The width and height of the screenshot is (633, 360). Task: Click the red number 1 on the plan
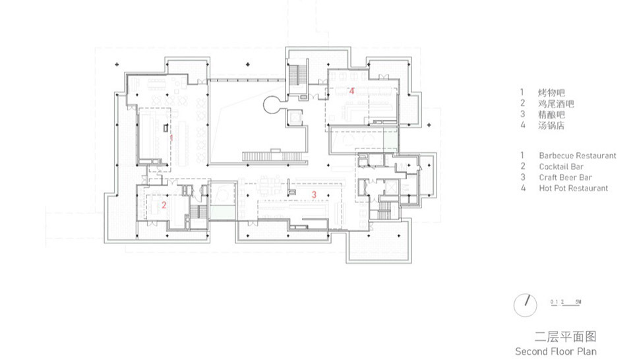(x=171, y=138)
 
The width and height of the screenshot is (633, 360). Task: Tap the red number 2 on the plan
(x=164, y=205)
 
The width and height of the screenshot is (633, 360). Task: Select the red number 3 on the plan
(x=314, y=195)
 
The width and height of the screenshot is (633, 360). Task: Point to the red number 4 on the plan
(x=351, y=91)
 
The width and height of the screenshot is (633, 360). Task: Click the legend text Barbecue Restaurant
(x=578, y=156)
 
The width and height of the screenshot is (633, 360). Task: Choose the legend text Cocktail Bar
(x=561, y=166)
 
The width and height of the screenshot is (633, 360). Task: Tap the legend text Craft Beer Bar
(x=565, y=177)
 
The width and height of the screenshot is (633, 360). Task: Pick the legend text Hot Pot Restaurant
(x=573, y=188)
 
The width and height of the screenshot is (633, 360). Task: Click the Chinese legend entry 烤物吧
(x=551, y=93)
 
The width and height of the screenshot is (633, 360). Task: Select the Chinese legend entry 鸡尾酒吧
(x=556, y=104)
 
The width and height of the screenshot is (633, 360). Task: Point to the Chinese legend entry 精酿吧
(x=551, y=115)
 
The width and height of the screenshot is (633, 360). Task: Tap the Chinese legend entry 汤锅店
(x=551, y=125)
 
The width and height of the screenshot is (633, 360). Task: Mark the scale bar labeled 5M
(x=566, y=303)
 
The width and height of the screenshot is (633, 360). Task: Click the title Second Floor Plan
(x=555, y=351)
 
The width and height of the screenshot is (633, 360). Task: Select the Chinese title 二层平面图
(x=565, y=336)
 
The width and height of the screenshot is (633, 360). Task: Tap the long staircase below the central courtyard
(x=272, y=156)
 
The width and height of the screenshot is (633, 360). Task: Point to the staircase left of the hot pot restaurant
(x=298, y=75)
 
